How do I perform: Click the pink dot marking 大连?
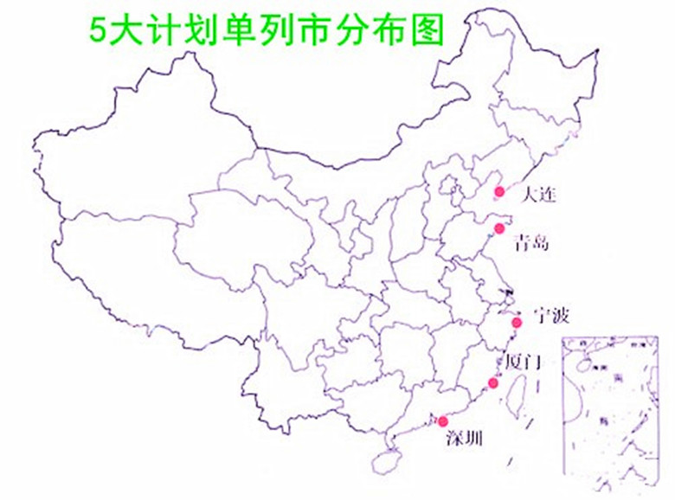(x=498, y=191)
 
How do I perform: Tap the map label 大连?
(x=539, y=196)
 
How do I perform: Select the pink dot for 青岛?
(x=499, y=228)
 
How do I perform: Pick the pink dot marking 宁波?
(x=517, y=323)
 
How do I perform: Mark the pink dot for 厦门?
(x=493, y=382)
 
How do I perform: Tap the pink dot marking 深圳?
(x=443, y=421)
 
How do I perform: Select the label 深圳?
(x=463, y=439)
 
